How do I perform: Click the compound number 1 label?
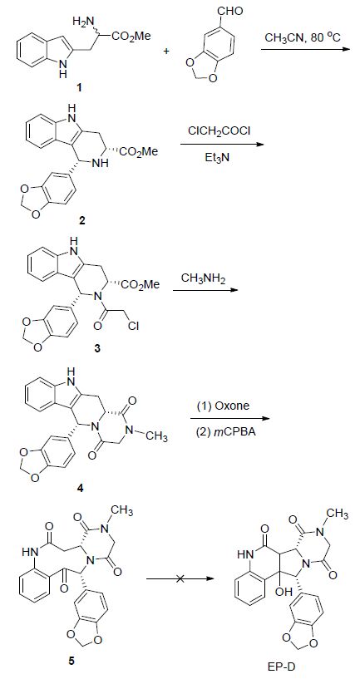(79, 88)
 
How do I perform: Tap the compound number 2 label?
(82, 221)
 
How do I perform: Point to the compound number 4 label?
(80, 488)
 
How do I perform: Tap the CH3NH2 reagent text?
(204, 279)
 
